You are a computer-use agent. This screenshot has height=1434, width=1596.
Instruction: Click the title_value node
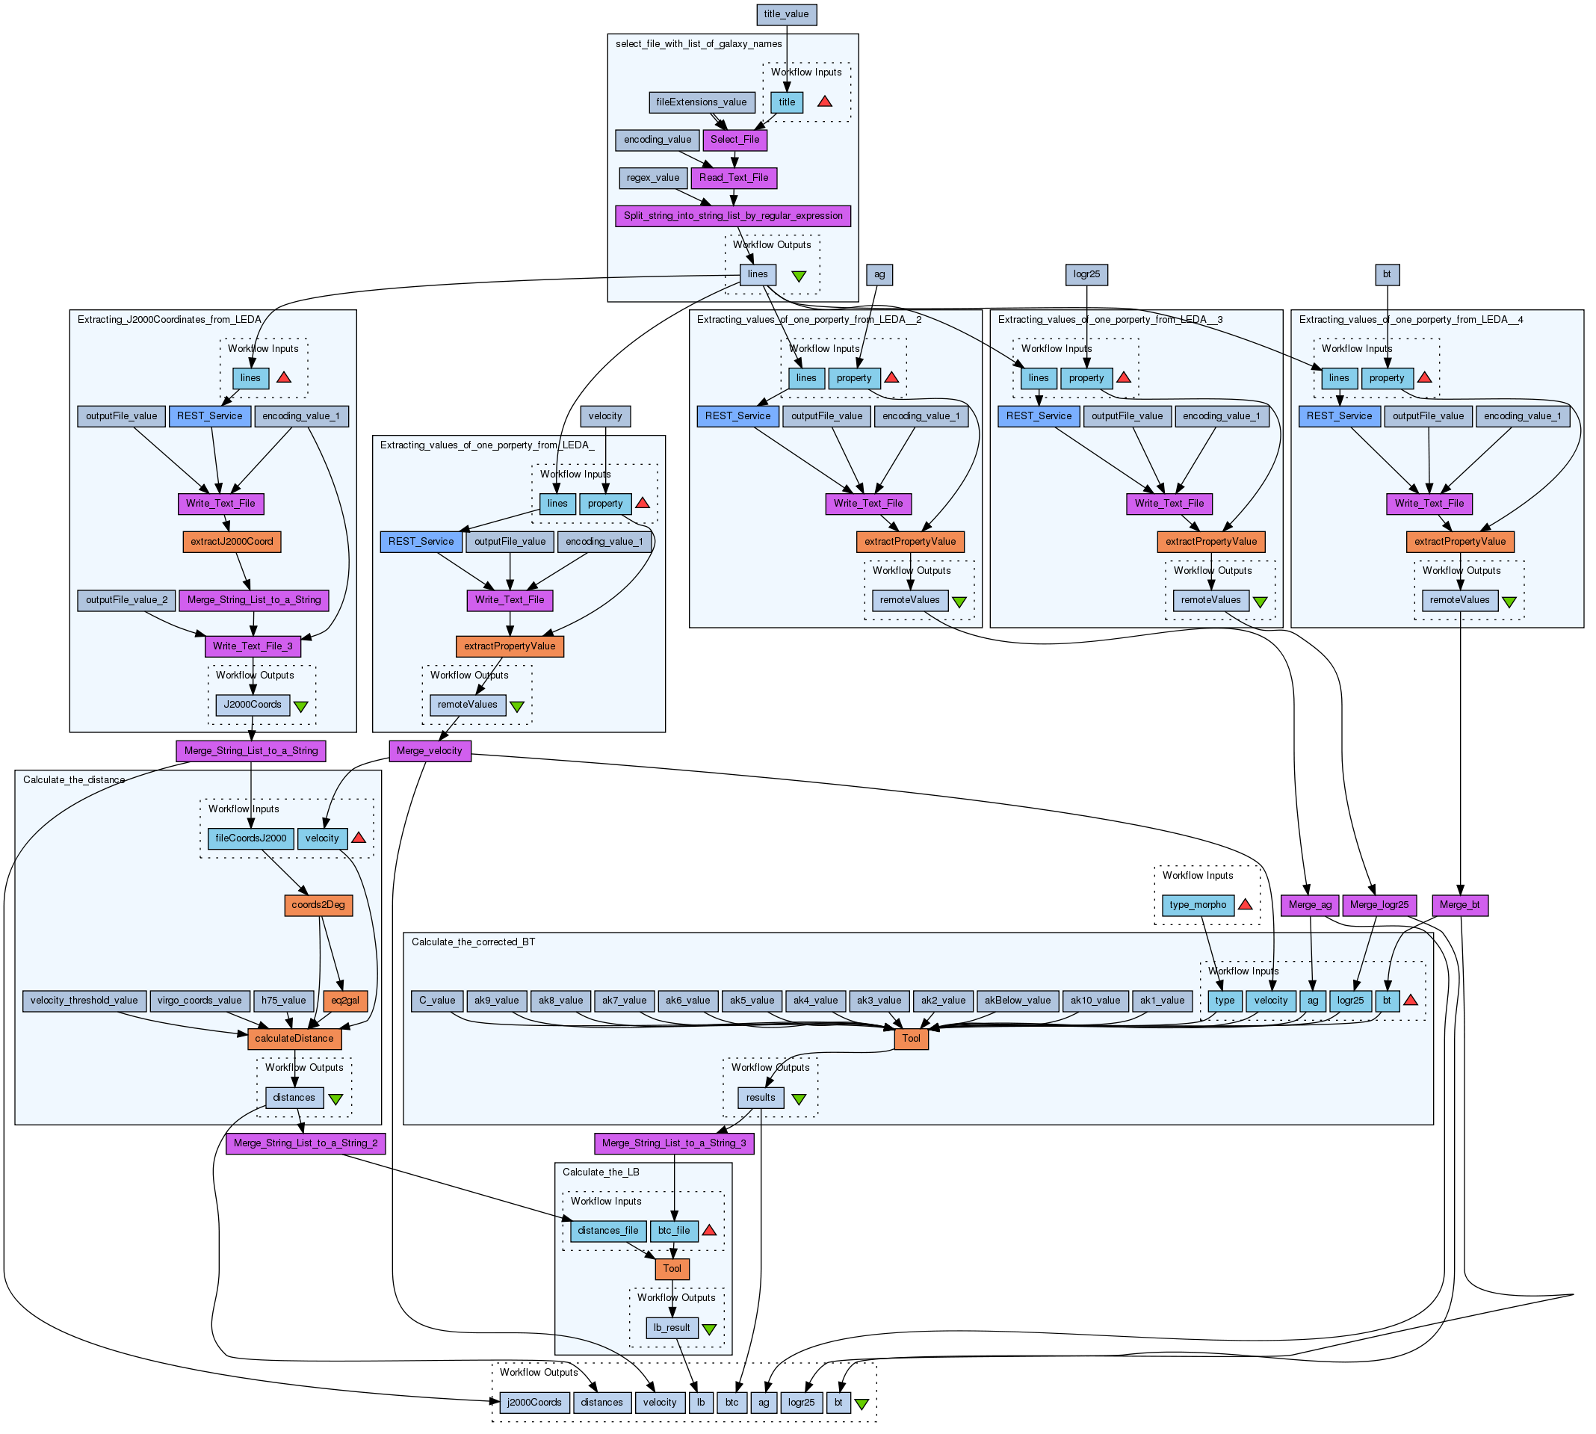pyautogui.click(x=785, y=14)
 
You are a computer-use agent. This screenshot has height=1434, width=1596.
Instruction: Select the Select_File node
pyautogui.click(x=734, y=140)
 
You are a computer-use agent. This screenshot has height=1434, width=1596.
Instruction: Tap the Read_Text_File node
pyautogui.click(x=734, y=178)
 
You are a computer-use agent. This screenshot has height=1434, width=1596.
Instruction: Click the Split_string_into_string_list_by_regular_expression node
pyautogui.click(x=732, y=216)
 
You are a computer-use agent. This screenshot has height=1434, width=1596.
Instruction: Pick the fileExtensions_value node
pyautogui.click(x=701, y=102)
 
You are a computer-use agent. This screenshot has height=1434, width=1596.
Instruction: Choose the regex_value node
pyautogui.click(x=653, y=178)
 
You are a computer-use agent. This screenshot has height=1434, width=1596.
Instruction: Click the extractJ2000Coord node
pyautogui.click(x=232, y=542)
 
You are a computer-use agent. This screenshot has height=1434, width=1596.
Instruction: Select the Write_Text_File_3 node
pyautogui.click(x=252, y=646)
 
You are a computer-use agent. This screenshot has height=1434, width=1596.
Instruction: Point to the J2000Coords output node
pyautogui.click(x=252, y=705)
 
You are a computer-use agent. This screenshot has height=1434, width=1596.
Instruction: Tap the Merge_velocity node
pyautogui.click(x=430, y=751)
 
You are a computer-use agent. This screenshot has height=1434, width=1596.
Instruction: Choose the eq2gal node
pyautogui.click(x=345, y=1001)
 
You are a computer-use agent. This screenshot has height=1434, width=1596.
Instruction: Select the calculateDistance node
pyautogui.click(x=294, y=1039)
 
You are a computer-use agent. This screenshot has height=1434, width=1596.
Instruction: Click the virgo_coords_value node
pyautogui.click(x=199, y=1001)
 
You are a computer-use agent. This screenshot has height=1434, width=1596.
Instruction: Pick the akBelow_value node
pyautogui.click(x=1018, y=1001)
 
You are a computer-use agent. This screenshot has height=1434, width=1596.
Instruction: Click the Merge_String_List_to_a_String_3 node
pyautogui.click(x=673, y=1143)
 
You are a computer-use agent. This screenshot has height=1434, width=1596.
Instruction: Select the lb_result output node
pyautogui.click(x=672, y=1328)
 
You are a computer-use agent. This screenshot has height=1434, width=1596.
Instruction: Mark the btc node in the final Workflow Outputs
pyautogui.click(x=731, y=1403)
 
